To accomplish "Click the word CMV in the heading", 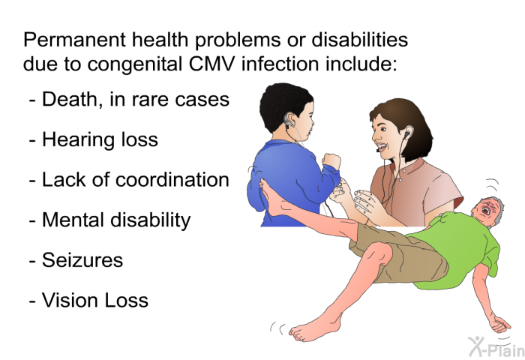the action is click(211, 64).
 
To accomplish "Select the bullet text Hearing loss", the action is click(100, 139).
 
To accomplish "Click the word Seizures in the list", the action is click(82, 259).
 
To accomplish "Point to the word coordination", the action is click(172, 179).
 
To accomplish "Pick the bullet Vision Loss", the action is click(95, 300).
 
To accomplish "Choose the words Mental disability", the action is click(116, 220).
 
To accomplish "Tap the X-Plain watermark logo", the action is click(496, 346).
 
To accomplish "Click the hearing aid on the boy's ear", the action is click(288, 121).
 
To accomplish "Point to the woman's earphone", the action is click(406, 135).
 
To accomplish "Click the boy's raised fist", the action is click(331, 162).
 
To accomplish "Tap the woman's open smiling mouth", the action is click(381, 146).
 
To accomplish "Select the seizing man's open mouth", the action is click(486, 211).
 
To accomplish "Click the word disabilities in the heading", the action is click(360, 40).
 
